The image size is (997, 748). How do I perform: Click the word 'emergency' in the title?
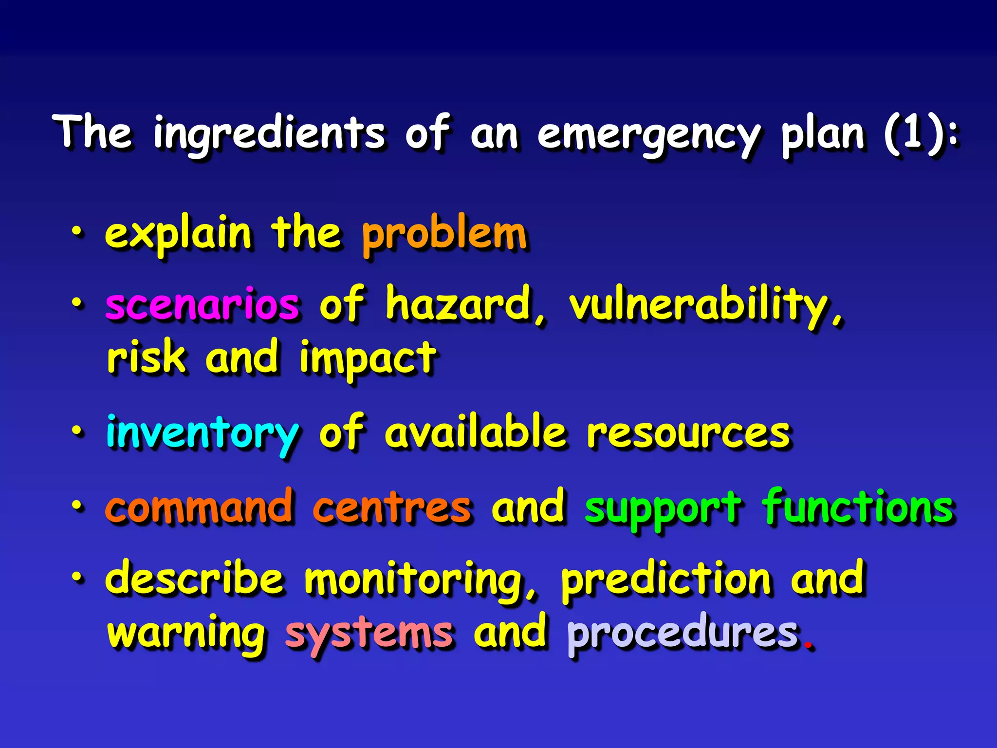pos(648,134)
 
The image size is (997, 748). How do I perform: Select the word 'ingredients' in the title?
pos(269,134)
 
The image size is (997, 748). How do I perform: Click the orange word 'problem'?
pos(444,235)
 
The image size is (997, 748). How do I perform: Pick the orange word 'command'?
pos(200,508)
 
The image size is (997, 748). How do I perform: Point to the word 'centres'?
pos(392,508)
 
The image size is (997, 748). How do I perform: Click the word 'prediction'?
pos(666,580)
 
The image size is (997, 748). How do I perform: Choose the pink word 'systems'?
pos(369,634)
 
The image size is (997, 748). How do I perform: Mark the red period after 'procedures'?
pos(809,647)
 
